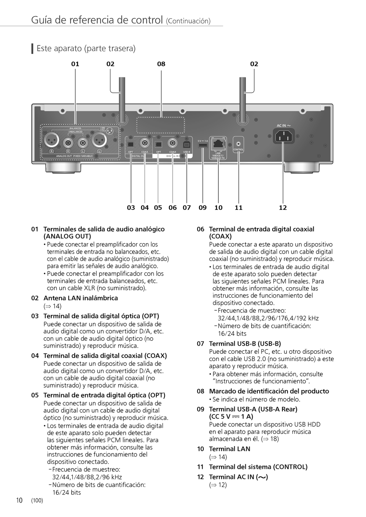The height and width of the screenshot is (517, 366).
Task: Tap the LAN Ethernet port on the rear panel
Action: click(x=218, y=143)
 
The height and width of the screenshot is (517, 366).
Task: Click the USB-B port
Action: click(x=187, y=144)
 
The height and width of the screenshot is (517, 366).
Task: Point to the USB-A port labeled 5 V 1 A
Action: click(x=203, y=145)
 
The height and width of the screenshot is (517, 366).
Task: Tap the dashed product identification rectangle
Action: click(x=161, y=125)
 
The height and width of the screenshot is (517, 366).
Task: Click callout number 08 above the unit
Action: click(x=161, y=64)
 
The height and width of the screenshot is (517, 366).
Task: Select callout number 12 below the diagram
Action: click(x=283, y=208)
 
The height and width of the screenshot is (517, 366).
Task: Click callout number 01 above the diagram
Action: click(x=75, y=64)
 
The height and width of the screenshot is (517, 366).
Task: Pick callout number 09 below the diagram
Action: click(x=203, y=208)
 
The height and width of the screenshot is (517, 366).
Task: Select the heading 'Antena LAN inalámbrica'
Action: click(x=81, y=298)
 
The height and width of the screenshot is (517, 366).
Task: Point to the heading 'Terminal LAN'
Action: click(x=229, y=449)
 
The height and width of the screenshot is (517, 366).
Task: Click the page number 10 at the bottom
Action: click(x=19, y=500)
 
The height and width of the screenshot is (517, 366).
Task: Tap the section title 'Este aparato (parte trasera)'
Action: click(x=86, y=49)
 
